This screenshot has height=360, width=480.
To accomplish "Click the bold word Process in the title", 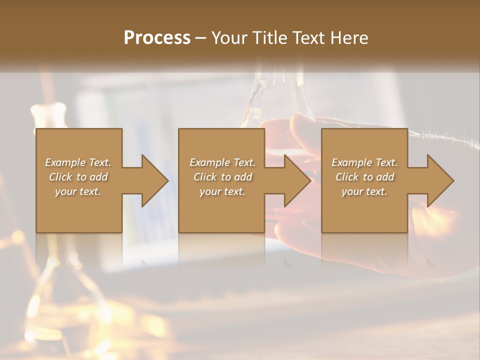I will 157,38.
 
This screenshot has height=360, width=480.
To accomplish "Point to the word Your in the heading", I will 229,38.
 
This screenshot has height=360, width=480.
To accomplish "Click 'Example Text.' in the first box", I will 78,162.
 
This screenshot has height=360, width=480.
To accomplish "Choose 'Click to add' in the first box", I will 78,177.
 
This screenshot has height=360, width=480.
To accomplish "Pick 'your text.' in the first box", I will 78,191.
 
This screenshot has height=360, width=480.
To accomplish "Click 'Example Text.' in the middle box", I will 222,162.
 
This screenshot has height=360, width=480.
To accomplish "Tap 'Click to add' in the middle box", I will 222,177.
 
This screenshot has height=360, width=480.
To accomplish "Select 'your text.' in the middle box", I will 222,191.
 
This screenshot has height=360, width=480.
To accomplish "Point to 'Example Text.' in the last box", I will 364,162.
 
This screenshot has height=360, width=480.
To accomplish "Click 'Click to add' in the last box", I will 364,177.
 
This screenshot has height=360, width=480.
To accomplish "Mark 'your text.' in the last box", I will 364,191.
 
